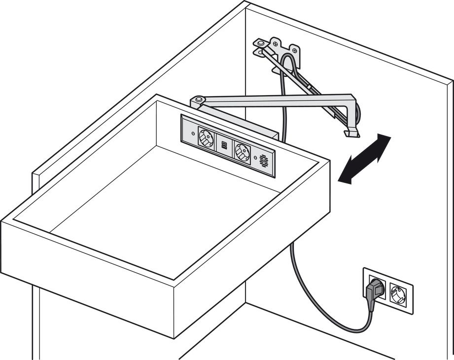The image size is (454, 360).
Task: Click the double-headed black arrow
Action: [x=365, y=159]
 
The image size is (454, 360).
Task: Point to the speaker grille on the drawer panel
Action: [x=264, y=160]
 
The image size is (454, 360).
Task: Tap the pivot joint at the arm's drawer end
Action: [x=198, y=101]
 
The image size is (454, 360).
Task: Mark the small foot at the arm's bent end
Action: [x=350, y=133]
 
